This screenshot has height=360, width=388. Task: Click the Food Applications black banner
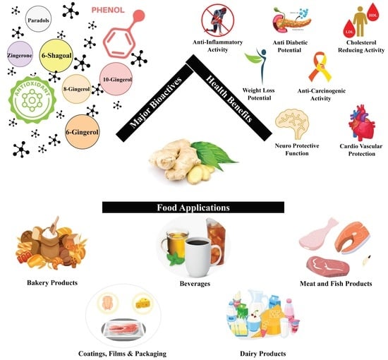point(193,208)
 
